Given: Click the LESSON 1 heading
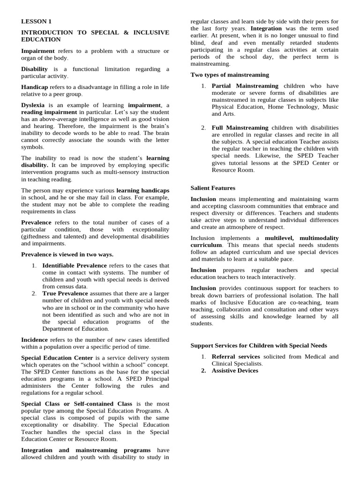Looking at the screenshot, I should pos(36,22).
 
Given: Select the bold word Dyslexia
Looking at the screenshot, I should pos(34,105).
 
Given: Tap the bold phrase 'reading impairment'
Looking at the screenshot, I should pos(49,112).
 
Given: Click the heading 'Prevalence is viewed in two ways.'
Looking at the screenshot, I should pos(67,254).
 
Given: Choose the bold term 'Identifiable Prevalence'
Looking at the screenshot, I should pos(75,265).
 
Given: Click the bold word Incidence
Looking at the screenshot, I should pos(34,339).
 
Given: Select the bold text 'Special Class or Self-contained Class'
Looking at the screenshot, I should pos(77,404).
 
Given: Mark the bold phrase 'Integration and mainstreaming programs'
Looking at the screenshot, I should pos(86,450).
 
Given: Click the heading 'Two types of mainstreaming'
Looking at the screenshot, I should pos(230,75).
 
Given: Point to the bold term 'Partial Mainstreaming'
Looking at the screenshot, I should pos(245,86).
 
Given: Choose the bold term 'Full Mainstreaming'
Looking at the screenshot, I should pos(240,127).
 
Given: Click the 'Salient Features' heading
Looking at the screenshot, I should pos(213,188).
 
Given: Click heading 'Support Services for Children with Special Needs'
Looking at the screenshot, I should pos(259,345).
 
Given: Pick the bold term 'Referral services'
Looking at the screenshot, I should pos(235,357).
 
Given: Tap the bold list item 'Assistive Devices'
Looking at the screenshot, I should pos(235,370).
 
